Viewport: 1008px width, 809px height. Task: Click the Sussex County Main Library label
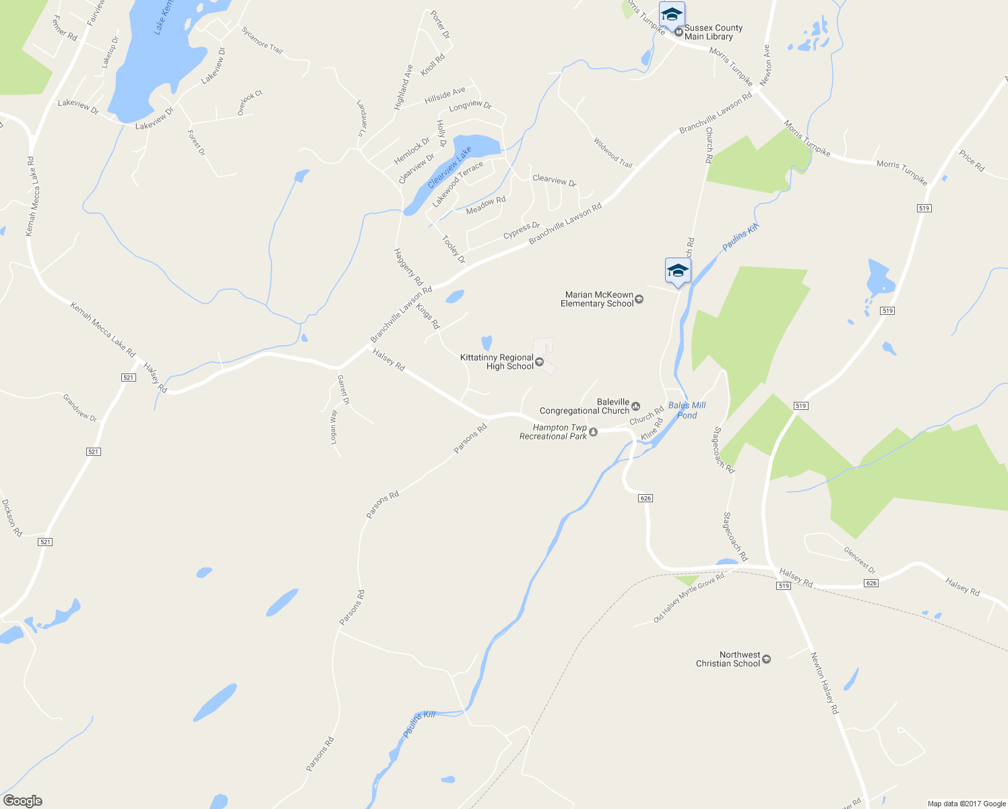point(713,32)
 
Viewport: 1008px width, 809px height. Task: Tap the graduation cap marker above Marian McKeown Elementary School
point(677,272)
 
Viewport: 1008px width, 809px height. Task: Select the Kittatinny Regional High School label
point(497,362)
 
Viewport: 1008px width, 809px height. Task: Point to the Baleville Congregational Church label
point(585,407)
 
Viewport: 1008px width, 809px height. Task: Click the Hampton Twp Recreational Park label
point(553,432)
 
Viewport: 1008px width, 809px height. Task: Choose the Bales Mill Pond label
point(687,410)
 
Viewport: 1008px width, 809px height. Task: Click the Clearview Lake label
point(449,168)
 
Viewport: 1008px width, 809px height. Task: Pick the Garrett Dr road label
point(344,390)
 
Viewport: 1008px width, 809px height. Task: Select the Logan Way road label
point(334,427)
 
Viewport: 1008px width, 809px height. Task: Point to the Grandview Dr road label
point(80,408)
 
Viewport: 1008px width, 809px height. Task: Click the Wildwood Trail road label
point(612,153)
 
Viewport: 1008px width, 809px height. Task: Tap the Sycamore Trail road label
point(261,40)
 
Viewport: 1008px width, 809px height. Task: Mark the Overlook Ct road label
point(249,103)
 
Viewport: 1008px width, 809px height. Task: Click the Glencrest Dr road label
point(860,560)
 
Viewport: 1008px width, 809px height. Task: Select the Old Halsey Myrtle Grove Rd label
point(689,598)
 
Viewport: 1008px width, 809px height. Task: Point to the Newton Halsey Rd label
point(825,683)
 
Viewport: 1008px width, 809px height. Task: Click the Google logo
point(22,801)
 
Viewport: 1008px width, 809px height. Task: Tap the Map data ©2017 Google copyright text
point(966,804)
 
